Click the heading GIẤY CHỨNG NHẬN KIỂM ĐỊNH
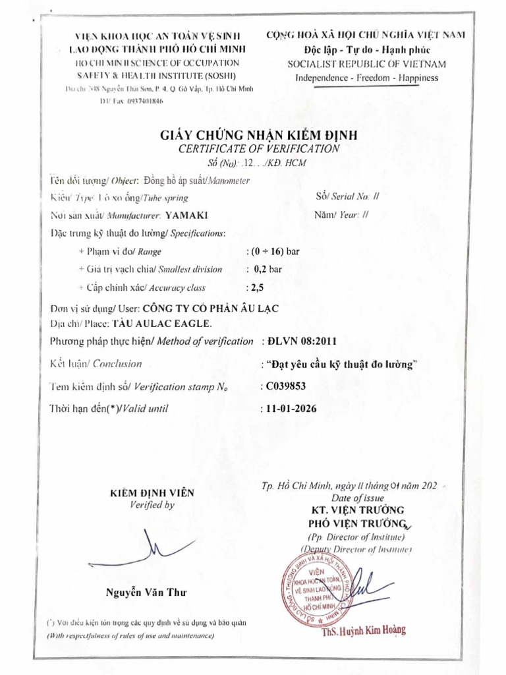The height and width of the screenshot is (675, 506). tap(259, 135)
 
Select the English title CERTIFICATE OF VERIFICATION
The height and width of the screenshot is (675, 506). tap(259, 149)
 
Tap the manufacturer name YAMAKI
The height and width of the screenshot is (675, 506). tap(187, 215)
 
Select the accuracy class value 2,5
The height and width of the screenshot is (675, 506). tap(254, 287)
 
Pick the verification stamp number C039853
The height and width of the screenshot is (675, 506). tap(286, 386)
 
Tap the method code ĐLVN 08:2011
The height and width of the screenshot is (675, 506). tap(300, 341)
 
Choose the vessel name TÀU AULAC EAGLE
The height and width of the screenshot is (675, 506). tap(162, 324)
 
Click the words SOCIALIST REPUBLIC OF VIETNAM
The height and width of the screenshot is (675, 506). tap(367, 64)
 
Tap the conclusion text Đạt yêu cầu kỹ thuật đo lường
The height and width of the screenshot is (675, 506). tap(343, 364)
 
